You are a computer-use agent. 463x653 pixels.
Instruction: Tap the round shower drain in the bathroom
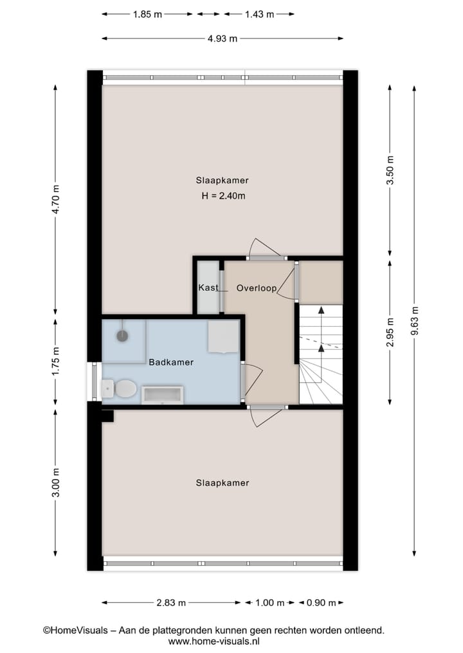coord(123,335)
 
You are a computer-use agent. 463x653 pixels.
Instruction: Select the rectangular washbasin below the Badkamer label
coord(162,394)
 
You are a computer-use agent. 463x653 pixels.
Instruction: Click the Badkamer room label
coord(171,362)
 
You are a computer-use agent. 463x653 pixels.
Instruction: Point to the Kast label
coord(208,287)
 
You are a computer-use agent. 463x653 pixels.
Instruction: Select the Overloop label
coord(256,288)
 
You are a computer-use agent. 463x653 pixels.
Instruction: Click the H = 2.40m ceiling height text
coord(222,196)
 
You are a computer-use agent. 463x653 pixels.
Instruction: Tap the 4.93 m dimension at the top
coord(222,38)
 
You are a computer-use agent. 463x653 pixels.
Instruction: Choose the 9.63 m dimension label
coord(415,319)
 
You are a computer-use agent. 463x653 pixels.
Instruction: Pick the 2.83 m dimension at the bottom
coord(171,602)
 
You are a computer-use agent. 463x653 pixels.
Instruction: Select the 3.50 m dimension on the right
coord(390,170)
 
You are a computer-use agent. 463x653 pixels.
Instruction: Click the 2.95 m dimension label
coord(390,332)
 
